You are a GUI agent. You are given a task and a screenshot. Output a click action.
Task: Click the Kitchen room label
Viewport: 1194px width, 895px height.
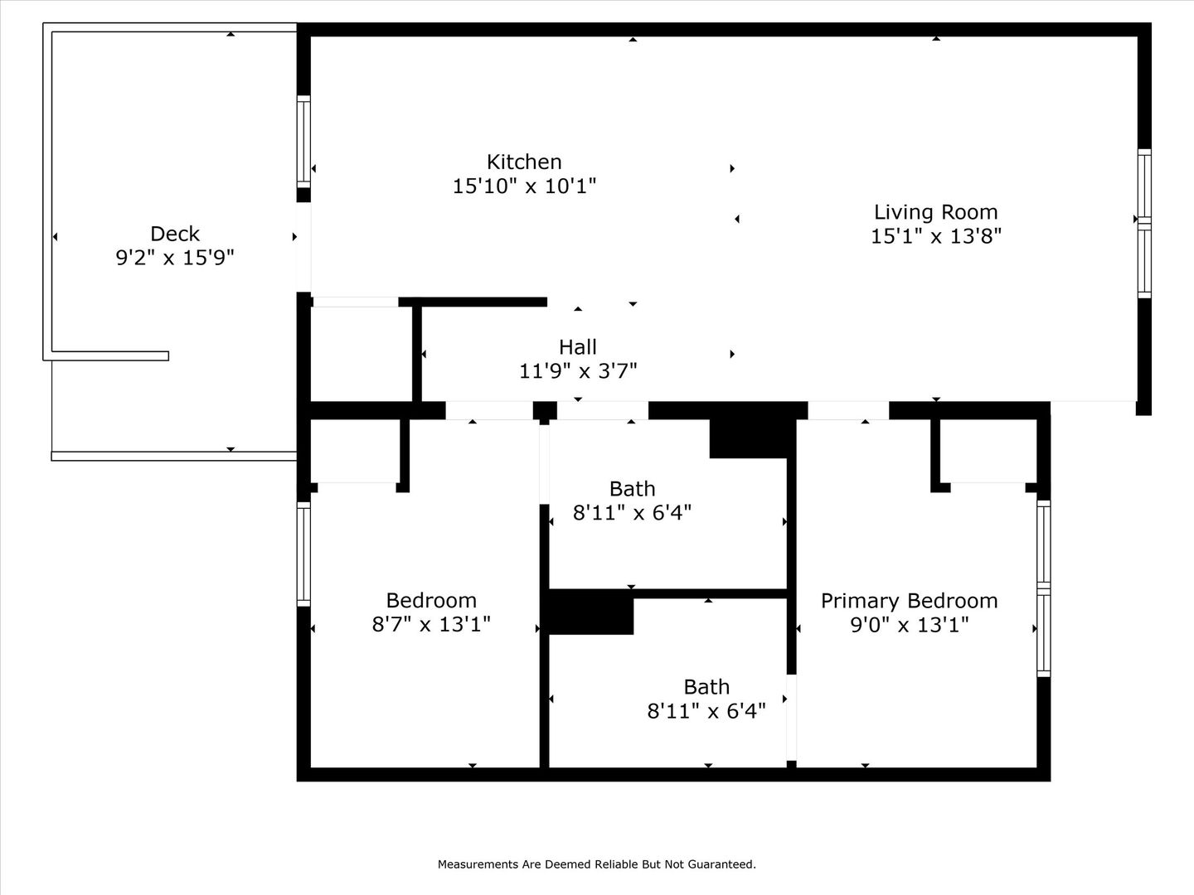[524, 162]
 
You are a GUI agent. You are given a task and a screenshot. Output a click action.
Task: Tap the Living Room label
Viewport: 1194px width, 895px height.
[935, 212]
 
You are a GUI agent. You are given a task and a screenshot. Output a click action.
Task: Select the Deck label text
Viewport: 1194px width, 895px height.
[175, 234]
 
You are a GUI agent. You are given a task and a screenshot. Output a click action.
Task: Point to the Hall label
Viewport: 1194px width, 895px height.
[578, 346]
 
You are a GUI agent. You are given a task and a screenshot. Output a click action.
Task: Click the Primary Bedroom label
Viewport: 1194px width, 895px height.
[909, 601]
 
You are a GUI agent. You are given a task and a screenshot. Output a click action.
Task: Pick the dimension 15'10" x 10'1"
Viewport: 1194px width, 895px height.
[524, 186]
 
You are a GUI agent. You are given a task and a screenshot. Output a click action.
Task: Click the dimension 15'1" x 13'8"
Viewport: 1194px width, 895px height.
[935, 236]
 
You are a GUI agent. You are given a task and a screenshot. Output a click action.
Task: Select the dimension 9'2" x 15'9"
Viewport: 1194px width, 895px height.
[175, 257]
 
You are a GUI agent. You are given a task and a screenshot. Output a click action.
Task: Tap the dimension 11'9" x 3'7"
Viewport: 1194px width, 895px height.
[578, 371]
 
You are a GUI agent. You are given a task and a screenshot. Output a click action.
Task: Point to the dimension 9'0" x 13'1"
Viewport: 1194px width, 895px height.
[909, 625]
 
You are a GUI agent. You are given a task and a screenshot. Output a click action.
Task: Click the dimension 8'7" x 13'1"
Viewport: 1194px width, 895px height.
[431, 624]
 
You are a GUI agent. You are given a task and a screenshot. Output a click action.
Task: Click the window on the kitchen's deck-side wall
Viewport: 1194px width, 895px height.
[303, 141]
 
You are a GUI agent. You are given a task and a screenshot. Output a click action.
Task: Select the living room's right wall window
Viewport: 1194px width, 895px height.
[1144, 224]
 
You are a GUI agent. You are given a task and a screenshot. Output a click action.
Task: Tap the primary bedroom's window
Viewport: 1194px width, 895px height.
[1043, 588]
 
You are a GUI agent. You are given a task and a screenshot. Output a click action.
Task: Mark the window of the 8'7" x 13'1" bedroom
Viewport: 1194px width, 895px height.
[303, 554]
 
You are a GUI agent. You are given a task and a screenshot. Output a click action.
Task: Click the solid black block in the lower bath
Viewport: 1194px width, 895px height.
[591, 612]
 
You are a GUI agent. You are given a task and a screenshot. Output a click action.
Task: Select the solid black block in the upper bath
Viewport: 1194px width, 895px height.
[749, 438]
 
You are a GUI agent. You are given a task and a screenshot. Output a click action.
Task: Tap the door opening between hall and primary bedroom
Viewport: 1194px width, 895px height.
[848, 410]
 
